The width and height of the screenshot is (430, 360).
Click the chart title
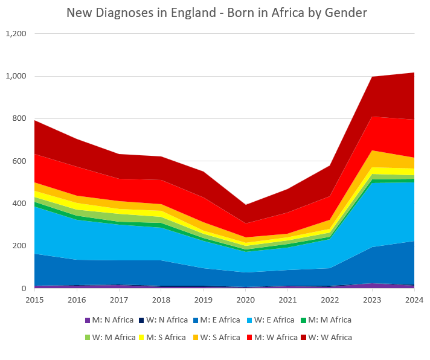pos(216,13)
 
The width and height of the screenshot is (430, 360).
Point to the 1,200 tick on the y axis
pos(16,34)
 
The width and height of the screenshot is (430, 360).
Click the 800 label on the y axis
pos(19,119)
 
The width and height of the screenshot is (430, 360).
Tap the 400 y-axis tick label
pos(19,204)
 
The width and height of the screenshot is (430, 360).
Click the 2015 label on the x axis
pos(34,300)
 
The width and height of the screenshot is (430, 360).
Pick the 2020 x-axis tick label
pos(245,300)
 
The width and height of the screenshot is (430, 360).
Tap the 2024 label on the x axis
pos(414,300)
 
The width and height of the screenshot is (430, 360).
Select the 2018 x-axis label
pos(161,300)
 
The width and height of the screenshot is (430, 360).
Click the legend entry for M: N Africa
pos(110,320)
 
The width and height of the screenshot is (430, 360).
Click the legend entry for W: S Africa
pos(219,337)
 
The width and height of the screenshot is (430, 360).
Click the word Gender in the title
pos(345,13)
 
